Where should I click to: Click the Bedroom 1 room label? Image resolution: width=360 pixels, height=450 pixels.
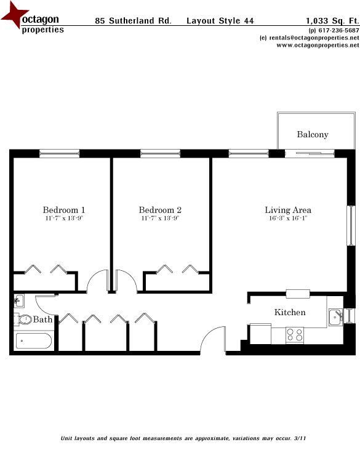click(x=63, y=210)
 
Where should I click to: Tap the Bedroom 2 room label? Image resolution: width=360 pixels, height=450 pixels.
click(x=160, y=210)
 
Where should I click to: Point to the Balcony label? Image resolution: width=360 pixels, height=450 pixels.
click(x=313, y=134)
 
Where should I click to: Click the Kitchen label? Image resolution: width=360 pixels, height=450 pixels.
click(x=289, y=312)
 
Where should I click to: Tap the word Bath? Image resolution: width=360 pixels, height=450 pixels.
click(x=42, y=319)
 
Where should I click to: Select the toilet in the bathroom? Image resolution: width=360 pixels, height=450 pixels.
click(x=24, y=320)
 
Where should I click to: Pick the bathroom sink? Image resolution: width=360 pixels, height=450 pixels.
click(x=19, y=301)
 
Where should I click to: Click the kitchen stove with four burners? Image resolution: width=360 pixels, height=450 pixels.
click(x=294, y=335)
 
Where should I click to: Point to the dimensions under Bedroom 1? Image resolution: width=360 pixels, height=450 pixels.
click(x=63, y=219)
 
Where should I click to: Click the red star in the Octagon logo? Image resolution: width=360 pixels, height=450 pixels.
click(x=12, y=15)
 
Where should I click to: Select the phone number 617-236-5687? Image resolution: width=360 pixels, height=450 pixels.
click(x=336, y=30)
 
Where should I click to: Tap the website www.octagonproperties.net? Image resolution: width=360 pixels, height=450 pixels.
click(x=313, y=45)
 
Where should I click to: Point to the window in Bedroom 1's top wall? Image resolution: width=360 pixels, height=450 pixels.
click(x=60, y=153)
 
